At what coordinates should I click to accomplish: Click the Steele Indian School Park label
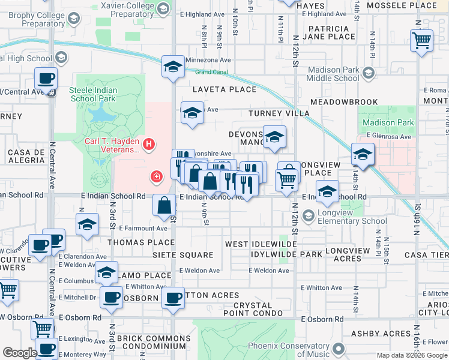pos(92,94)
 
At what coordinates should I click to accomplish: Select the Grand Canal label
pos(212,73)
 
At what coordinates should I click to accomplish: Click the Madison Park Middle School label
pos(333,74)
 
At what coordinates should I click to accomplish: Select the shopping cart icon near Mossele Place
pos(422,41)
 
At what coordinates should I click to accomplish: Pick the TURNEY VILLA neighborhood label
pos(279,113)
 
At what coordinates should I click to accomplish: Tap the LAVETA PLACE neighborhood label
pos(224,89)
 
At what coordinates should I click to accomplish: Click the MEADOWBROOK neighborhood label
pos(344,103)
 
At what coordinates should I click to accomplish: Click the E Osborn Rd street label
pos(322,319)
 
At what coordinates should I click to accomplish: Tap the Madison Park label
pos(388,123)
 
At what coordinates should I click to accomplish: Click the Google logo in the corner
pos(19,353)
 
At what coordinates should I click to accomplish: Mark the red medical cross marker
pos(156,176)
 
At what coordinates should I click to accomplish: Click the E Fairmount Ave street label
pos(143,228)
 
